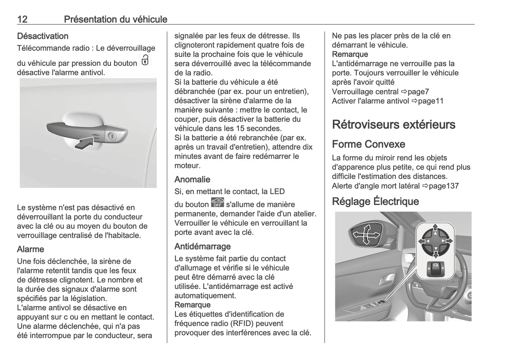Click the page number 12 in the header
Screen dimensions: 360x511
[22, 19]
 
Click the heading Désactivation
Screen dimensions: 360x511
[42, 36]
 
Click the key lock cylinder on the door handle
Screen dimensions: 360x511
[112, 136]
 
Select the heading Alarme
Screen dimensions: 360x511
[30, 249]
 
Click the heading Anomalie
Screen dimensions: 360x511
[192, 180]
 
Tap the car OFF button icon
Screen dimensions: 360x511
[217, 202]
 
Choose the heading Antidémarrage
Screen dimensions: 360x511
[202, 246]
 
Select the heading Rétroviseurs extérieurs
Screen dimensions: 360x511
[394, 124]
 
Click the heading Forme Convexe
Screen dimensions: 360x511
[368, 144]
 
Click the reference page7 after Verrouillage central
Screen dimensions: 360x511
[418, 92]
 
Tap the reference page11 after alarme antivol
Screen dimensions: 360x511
[430, 101]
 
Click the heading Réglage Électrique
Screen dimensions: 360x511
[375, 202]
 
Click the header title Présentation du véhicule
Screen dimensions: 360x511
[115, 19]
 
